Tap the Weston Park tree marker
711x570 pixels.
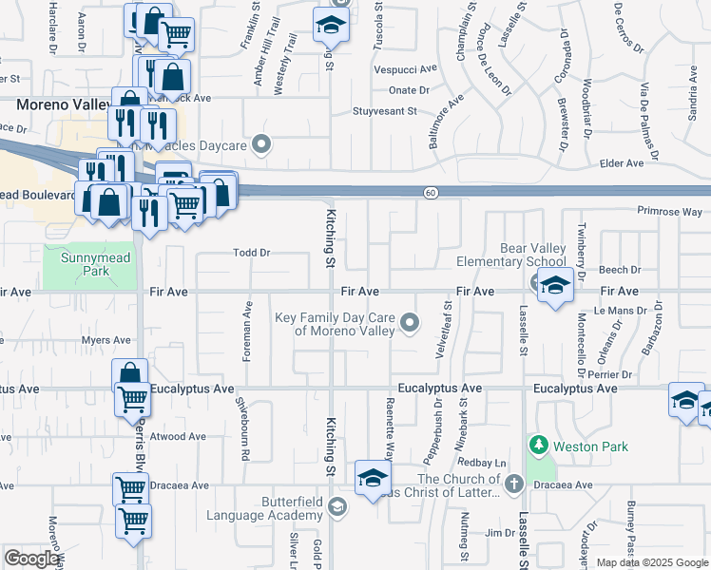tap(538, 445)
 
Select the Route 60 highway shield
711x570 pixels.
tap(431, 193)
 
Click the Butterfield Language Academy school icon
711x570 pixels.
tap(336, 507)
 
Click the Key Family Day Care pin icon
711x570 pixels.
tap(410, 324)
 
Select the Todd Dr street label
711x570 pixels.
tap(253, 254)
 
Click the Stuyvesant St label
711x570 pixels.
tap(385, 111)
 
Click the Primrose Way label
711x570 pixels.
tap(669, 212)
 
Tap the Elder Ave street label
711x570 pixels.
tap(622, 163)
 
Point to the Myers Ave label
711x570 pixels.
tap(106, 340)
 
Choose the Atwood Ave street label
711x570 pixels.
tap(180, 437)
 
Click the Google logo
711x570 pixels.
tap(32, 559)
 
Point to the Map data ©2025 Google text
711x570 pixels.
tap(652, 562)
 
